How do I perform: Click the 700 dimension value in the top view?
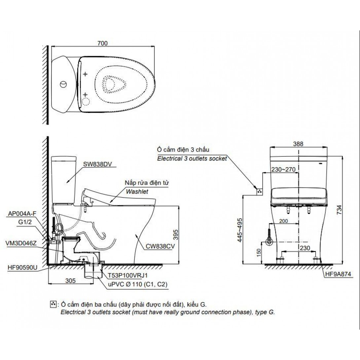(102, 43)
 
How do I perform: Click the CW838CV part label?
(160, 246)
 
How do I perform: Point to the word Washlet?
(137, 192)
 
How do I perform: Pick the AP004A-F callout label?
(22, 213)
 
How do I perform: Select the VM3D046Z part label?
(21, 243)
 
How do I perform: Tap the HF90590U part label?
(22, 268)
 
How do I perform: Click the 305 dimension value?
(70, 280)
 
